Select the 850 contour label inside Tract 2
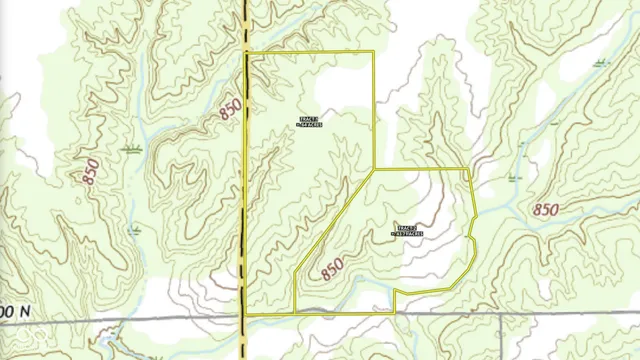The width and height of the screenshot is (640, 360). pyautogui.click(x=338, y=268)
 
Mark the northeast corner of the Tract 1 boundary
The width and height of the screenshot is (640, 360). pyautogui.click(x=374, y=51)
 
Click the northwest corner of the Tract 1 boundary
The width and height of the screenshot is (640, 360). pyautogui.click(x=247, y=51)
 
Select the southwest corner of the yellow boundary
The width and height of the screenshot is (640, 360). pyautogui.click(x=246, y=314)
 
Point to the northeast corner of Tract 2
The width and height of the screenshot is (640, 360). pyautogui.click(x=470, y=170)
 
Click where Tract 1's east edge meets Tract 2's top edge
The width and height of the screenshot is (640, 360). pyautogui.click(x=375, y=169)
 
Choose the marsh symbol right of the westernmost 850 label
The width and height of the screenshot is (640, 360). pyautogui.click(x=129, y=147)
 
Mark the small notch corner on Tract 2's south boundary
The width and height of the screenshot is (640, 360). pyautogui.click(x=396, y=291)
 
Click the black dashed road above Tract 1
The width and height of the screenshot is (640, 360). pyautogui.click(x=246, y=25)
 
